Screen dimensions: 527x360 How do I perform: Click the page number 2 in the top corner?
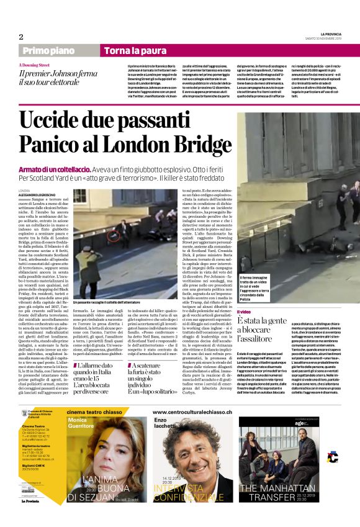pyautogui.click(x=21, y=37)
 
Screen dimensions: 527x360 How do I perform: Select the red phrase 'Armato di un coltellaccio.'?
pyautogui.click(x=55, y=169)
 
